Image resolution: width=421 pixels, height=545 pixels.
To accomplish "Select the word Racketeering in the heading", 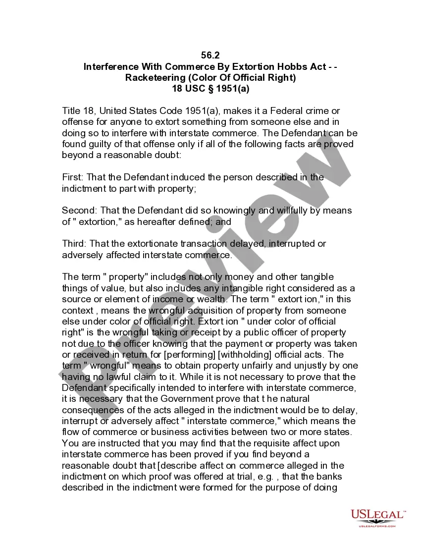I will (x=155, y=77).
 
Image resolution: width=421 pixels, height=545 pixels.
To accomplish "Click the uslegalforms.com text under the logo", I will (x=377, y=526).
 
